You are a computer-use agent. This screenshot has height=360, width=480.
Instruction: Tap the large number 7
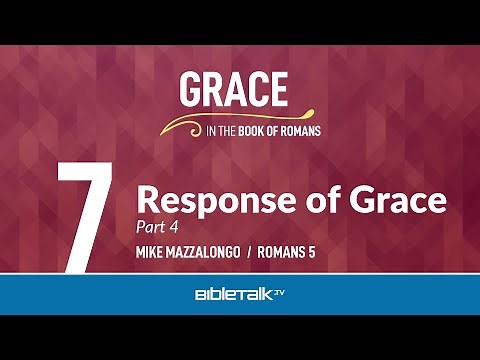coord(82,215)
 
